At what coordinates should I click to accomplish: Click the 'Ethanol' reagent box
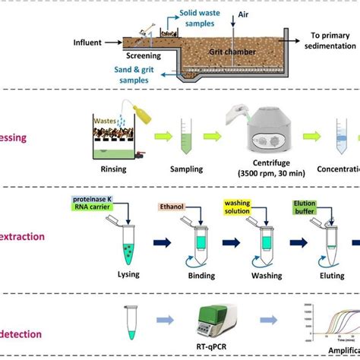pos(172,206)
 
